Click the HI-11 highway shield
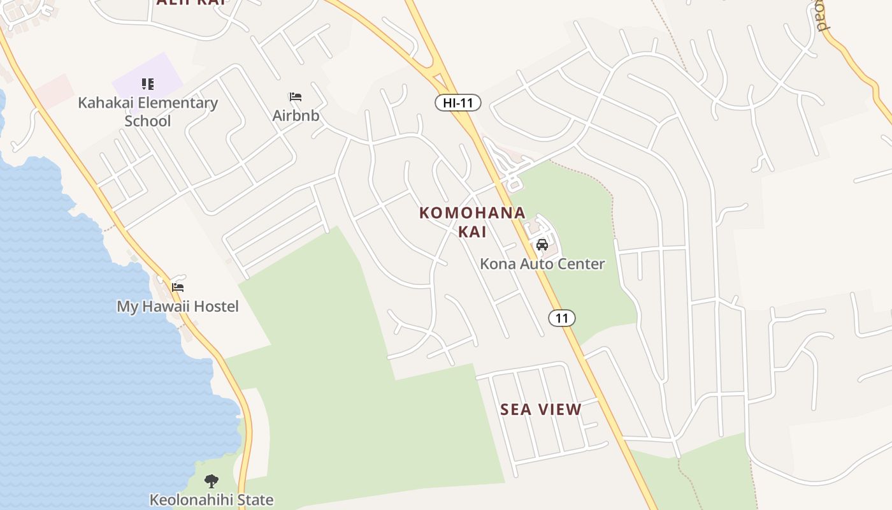[457, 103]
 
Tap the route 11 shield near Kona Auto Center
[561, 317]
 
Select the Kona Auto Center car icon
[542, 244]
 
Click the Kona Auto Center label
[542, 263]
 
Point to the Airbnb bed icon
[296, 97]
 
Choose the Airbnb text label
[296, 115]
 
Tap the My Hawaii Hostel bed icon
[178, 288]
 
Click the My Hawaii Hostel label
[178, 307]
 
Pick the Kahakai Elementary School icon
[148, 84]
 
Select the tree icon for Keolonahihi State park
[212, 481]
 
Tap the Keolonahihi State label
[212, 500]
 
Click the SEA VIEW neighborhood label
[541, 409]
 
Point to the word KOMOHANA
[472, 213]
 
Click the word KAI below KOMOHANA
[472, 231]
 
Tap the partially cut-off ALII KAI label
[191, 3]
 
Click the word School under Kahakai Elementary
[148, 120]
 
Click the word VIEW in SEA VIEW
[561, 409]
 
